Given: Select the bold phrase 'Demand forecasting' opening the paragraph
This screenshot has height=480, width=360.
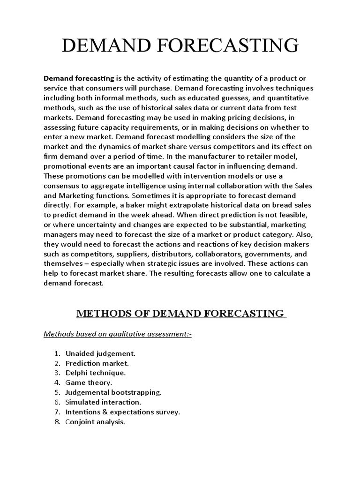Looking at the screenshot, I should [x=79, y=78].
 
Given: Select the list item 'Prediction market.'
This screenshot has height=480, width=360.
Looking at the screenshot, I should [x=97, y=363].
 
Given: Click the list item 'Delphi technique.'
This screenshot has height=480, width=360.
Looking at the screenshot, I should [x=96, y=373].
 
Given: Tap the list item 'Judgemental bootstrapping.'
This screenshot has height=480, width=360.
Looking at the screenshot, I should [x=112, y=392].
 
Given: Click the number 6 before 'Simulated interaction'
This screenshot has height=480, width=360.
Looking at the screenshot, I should [x=56, y=402].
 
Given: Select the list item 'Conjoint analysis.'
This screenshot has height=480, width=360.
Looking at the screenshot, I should [x=95, y=422].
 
